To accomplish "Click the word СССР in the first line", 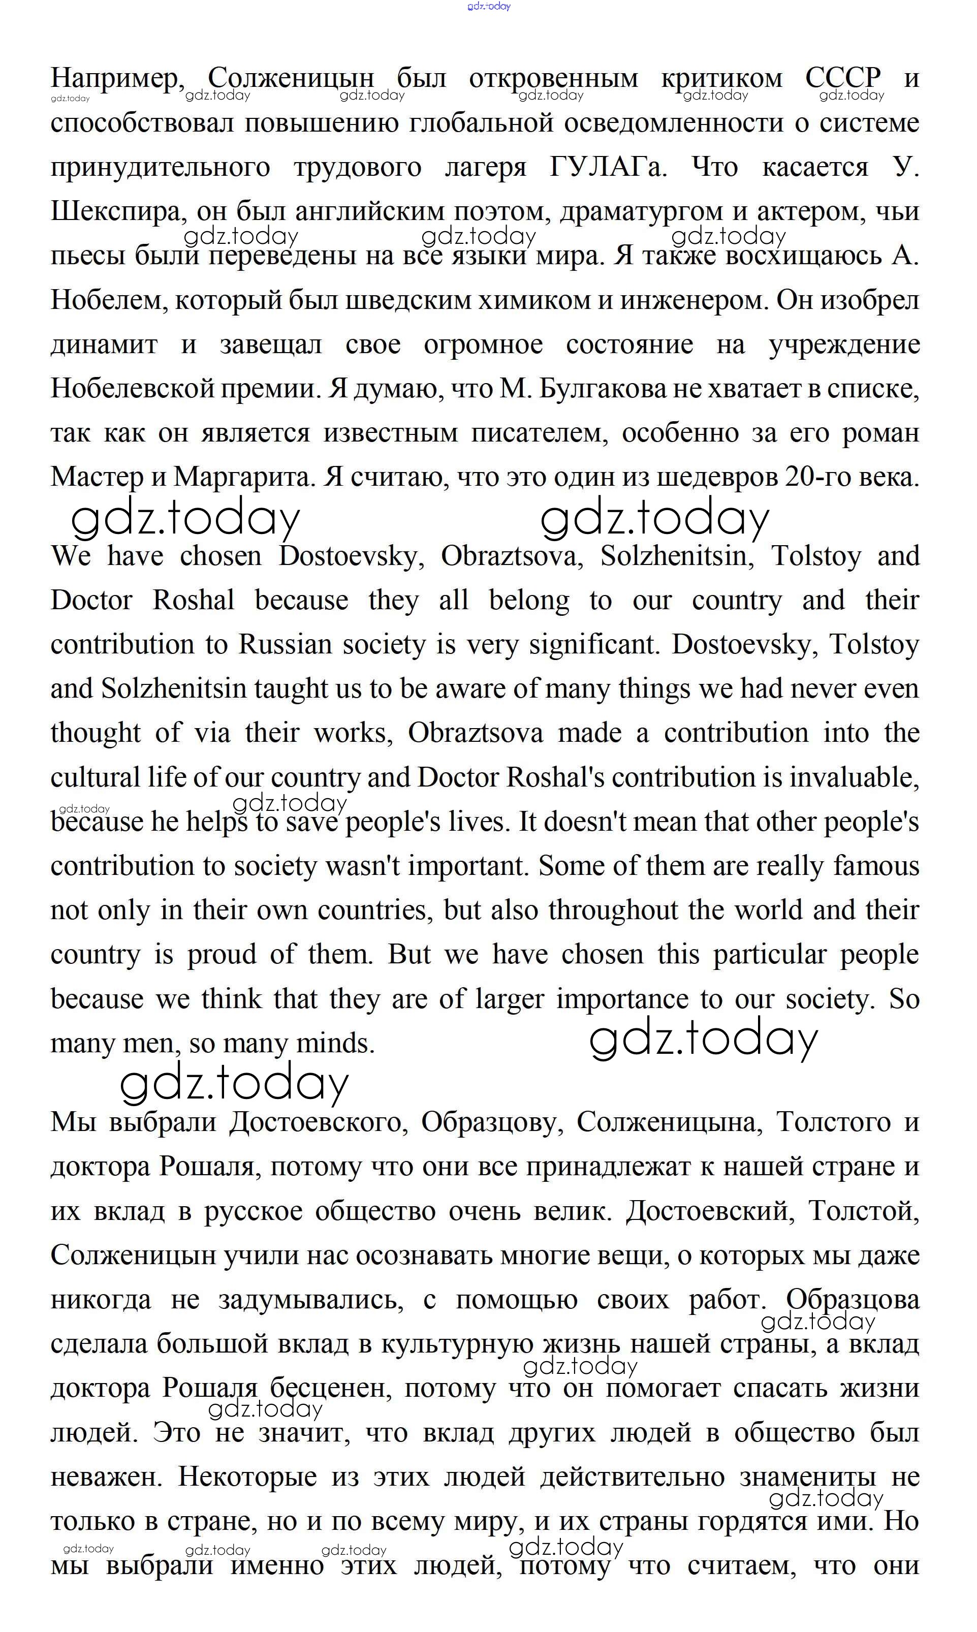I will pyautogui.click(x=843, y=78).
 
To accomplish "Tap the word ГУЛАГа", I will pyautogui.click(x=608, y=167).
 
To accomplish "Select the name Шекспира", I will pyautogui.click(x=114, y=212).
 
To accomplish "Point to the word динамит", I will pyautogui.click(x=104, y=345).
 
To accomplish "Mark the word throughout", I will pyautogui.click(x=613, y=911).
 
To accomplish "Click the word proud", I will pyautogui.click(x=222, y=955).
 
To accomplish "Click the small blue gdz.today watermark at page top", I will pyautogui.click(x=489, y=7).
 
